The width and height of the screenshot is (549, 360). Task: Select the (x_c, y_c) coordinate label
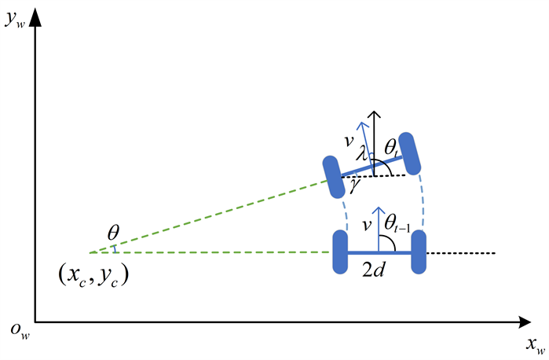click(x=93, y=275)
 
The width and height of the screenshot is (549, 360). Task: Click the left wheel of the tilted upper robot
click(x=333, y=176)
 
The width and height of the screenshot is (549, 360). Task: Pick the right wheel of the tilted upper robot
click(x=413, y=156)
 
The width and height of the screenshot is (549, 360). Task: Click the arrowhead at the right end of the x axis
click(x=525, y=321)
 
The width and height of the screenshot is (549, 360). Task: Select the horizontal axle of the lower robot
click(x=380, y=252)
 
